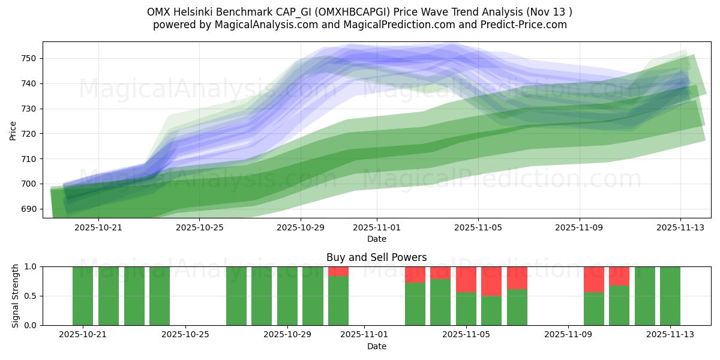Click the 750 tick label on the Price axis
29,59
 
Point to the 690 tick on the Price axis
29,209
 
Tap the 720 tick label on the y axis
29,134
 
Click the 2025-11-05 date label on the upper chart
478,228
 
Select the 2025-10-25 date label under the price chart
200,228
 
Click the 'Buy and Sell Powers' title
376,257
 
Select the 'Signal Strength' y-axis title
16,296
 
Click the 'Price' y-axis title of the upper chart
13,130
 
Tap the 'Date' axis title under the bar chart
376,346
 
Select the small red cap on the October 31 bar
338,271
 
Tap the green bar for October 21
83,296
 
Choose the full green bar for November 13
670,296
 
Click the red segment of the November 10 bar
594,279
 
